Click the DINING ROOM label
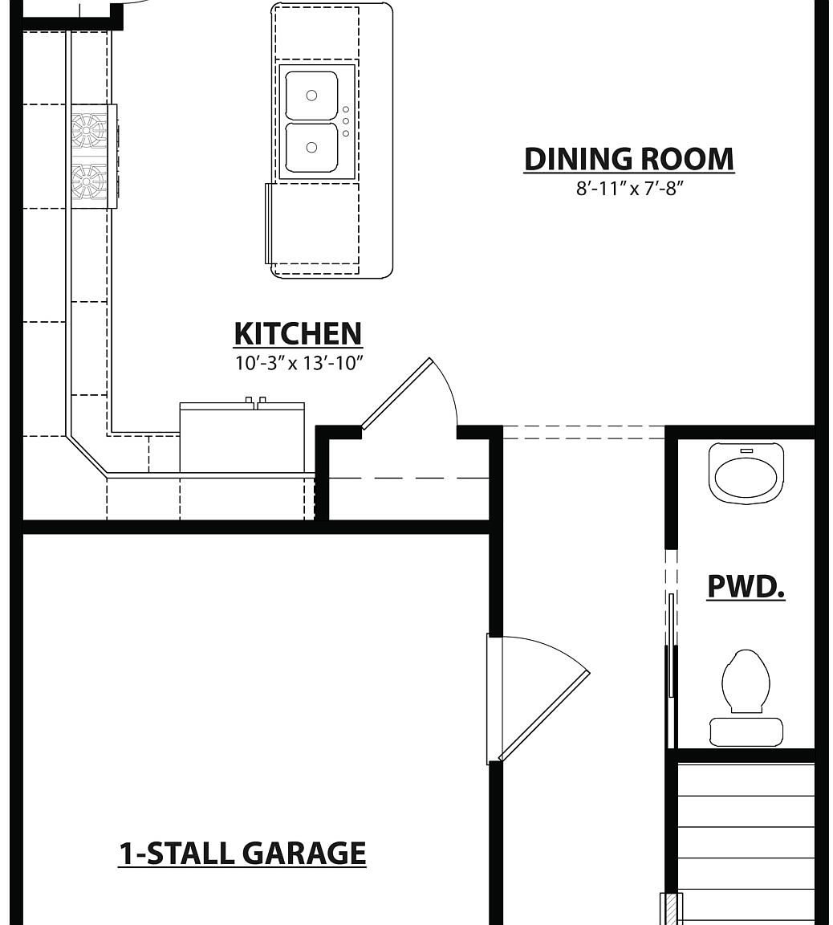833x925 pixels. coord(628,159)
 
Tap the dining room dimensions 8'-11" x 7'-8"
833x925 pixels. coord(629,189)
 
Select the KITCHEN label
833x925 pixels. coord(298,333)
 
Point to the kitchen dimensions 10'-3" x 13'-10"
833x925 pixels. coord(299,363)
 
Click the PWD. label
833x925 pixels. coord(746,586)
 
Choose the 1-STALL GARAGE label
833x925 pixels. coord(242,853)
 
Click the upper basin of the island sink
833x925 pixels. coord(311,96)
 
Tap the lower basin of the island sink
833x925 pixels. coord(311,147)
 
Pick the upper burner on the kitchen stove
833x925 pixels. coord(88,129)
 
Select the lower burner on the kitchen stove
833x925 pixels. coord(88,181)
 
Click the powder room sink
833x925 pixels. coord(746,476)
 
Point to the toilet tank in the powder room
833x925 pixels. coord(746,731)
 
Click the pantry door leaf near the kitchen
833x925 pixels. coord(396,393)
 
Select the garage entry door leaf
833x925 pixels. coord(544,715)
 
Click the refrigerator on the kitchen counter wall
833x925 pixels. coord(242,438)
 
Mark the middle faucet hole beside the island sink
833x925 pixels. coord(346,121)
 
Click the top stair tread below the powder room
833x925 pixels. coord(746,780)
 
